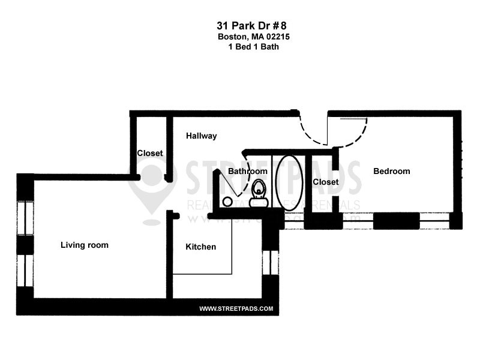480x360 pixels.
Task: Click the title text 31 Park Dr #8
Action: click(x=248, y=26)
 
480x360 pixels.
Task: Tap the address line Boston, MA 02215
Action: click(x=248, y=37)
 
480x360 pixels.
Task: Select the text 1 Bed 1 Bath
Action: click(x=248, y=46)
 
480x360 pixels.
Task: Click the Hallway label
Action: click(x=201, y=136)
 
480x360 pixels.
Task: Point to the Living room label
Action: click(x=85, y=245)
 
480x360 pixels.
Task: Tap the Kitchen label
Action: click(x=200, y=247)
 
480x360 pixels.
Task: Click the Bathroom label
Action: click(x=247, y=172)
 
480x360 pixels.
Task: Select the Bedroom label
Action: click(x=392, y=171)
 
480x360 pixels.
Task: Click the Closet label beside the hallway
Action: click(x=150, y=153)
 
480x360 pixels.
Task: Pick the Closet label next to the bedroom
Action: click(x=326, y=182)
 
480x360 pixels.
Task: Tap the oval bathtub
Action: click(x=289, y=180)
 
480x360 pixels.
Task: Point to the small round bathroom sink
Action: click(x=227, y=201)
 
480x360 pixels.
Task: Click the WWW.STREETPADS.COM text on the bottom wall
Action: click(x=236, y=309)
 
